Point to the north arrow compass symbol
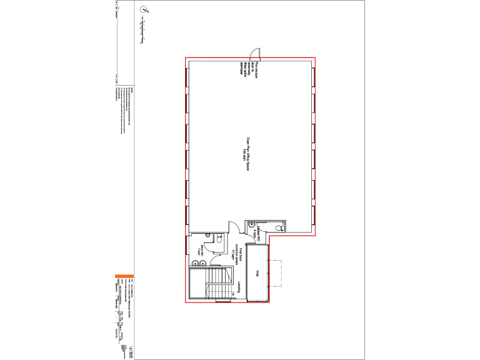tap(144, 10)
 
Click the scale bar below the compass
tap(144, 31)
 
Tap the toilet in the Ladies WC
tap(282, 229)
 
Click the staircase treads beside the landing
tap(219, 284)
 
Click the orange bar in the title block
tap(122, 276)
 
